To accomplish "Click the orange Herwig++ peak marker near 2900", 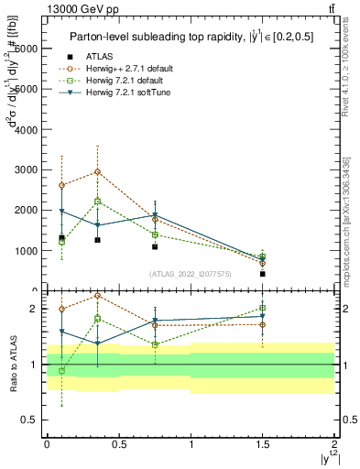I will pyautogui.click(x=97, y=171).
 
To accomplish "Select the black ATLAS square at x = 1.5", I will pyautogui.click(x=262, y=273).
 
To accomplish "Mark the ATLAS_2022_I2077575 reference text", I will pyautogui.click(x=190, y=273).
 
